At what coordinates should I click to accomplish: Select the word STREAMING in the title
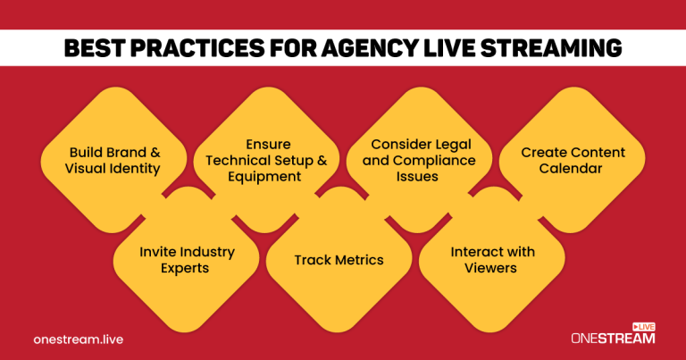tap(546, 48)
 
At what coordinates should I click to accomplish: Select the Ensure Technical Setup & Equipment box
tap(267, 160)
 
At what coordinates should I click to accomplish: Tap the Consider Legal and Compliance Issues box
tap(419, 160)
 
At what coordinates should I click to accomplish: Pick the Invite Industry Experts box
tap(188, 260)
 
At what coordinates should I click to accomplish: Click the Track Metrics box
tap(339, 260)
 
